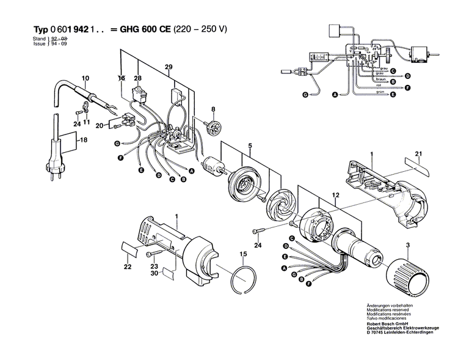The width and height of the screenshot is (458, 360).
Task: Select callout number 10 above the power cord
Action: [85, 78]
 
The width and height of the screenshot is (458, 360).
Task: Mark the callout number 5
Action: [249, 146]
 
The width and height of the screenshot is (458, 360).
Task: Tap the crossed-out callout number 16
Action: [121, 78]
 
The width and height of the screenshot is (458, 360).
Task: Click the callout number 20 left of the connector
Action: [99, 126]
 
